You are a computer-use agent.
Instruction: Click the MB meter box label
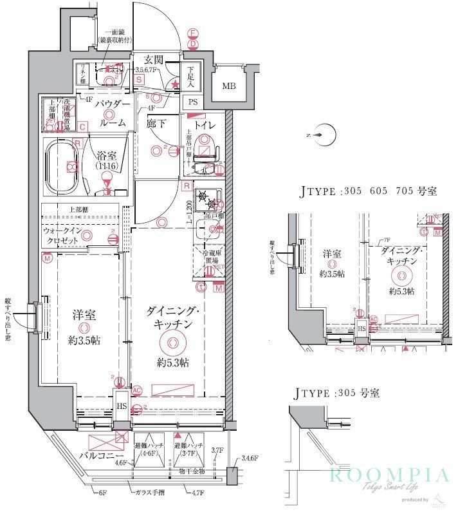click(228, 86)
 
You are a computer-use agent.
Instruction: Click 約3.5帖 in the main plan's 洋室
click(84, 339)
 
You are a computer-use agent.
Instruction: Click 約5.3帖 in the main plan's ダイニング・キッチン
click(172, 362)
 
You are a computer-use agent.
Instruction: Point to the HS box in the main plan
click(120, 406)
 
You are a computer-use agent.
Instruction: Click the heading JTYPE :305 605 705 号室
click(368, 191)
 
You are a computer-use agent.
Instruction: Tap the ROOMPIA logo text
click(389, 476)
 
